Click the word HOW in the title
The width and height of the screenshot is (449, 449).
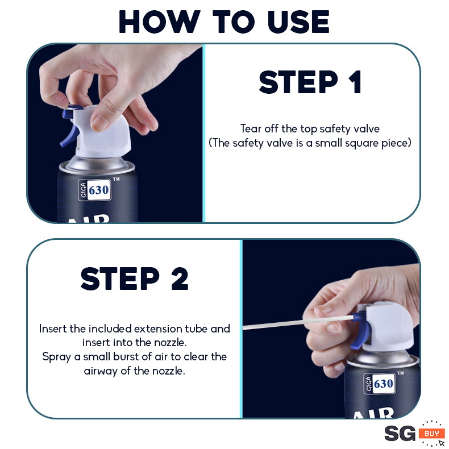[160, 22]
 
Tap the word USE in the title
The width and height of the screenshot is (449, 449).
[298, 22]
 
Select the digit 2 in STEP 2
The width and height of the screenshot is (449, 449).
[180, 278]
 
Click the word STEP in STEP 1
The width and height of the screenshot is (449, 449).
[298, 82]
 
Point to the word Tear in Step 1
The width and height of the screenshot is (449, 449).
[251, 128]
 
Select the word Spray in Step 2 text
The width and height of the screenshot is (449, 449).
[57, 357]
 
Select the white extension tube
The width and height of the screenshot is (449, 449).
[298, 322]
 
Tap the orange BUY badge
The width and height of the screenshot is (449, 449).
[431, 434]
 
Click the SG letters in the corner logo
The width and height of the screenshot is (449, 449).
[400, 434]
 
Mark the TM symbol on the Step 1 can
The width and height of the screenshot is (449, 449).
[117, 179]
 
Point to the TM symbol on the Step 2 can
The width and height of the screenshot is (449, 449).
[401, 373]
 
